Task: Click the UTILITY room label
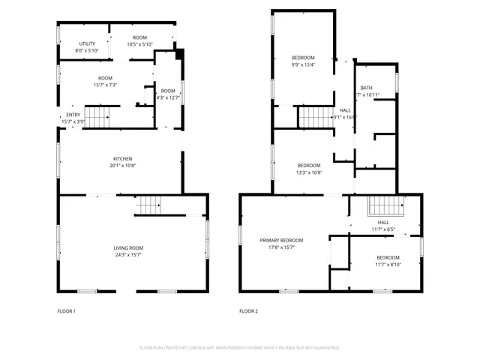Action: tap(87, 44)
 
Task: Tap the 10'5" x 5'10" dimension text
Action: tap(139, 44)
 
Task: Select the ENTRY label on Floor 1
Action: tap(73, 115)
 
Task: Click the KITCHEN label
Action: tap(123, 158)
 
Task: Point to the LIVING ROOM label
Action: tap(128, 248)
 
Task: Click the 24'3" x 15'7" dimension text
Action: tap(128, 255)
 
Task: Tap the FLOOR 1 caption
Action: tap(67, 311)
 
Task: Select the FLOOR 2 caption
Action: tap(248, 311)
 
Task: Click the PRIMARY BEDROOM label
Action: tap(281, 241)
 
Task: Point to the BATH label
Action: tap(366, 88)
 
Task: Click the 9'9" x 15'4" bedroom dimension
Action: tap(303, 64)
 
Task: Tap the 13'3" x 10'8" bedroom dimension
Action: tap(309, 172)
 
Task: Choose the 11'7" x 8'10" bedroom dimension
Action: tap(388, 264)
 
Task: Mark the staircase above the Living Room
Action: tap(148, 203)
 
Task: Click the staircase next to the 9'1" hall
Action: tap(316, 117)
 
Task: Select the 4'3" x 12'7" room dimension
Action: tap(168, 97)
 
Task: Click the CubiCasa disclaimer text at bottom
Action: tap(240, 348)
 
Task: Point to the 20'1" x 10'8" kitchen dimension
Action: tap(123, 165)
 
